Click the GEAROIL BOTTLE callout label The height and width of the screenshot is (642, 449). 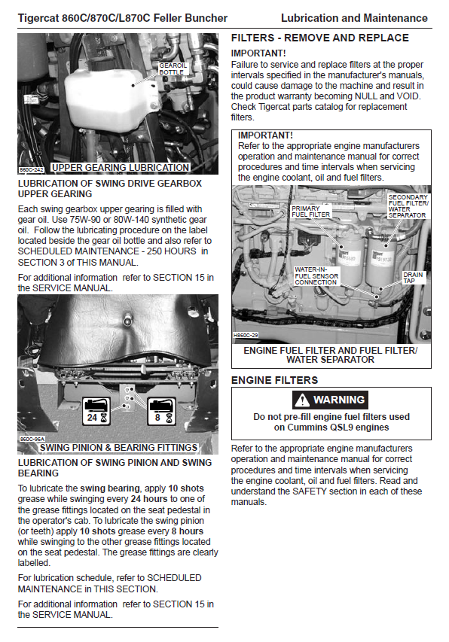pyautogui.click(x=173, y=68)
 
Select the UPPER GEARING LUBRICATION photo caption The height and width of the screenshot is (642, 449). pyautogui.click(x=121, y=167)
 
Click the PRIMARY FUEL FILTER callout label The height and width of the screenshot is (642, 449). pyautogui.click(x=310, y=211)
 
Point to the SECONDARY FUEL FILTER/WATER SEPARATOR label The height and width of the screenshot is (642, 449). pyautogui.click(x=408, y=206)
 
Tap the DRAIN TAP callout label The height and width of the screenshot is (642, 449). pyautogui.click(x=413, y=278)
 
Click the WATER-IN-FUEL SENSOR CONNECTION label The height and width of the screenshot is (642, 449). pyautogui.click(x=316, y=276)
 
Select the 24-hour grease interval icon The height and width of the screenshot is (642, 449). pyautogui.click(x=96, y=411)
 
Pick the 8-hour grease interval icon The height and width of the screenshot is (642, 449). pyautogui.click(x=161, y=411)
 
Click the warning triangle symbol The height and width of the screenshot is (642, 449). pyautogui.click(x=302, y=400)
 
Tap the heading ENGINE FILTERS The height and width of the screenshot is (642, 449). pyautogui.click(x=274, y=380)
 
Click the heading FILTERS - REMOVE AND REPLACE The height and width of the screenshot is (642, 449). pyautogui.click(x=320, y=38)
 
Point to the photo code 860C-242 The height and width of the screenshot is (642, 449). pyautogui.click(x=32, y=169)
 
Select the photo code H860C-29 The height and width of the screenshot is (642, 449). pyautogui.click(x=246, y=336)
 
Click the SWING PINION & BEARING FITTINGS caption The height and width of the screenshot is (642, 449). pyautogui.click(x=119, y=448)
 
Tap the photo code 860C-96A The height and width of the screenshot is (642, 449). pyautogui.click(x=32, y=440)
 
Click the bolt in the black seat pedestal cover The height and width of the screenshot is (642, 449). pyautogui.click(x=127, y=318)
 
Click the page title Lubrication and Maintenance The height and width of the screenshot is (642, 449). pyautogui.click(x=354, y=18)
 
